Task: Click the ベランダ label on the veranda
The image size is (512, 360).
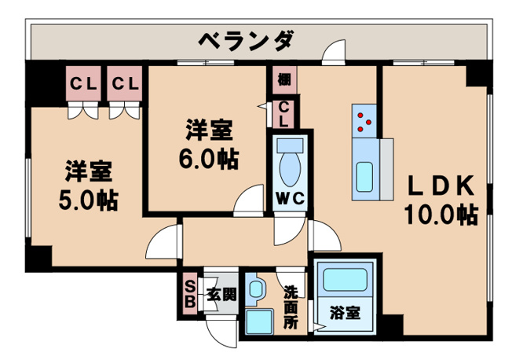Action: point(246,39)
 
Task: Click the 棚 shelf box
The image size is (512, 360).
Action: point(283,80)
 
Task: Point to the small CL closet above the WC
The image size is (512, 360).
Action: point(283,114)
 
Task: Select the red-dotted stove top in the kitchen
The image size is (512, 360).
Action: point(365,119)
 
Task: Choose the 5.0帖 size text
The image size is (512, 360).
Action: point(88,200)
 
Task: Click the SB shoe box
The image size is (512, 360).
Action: point(190,292)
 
